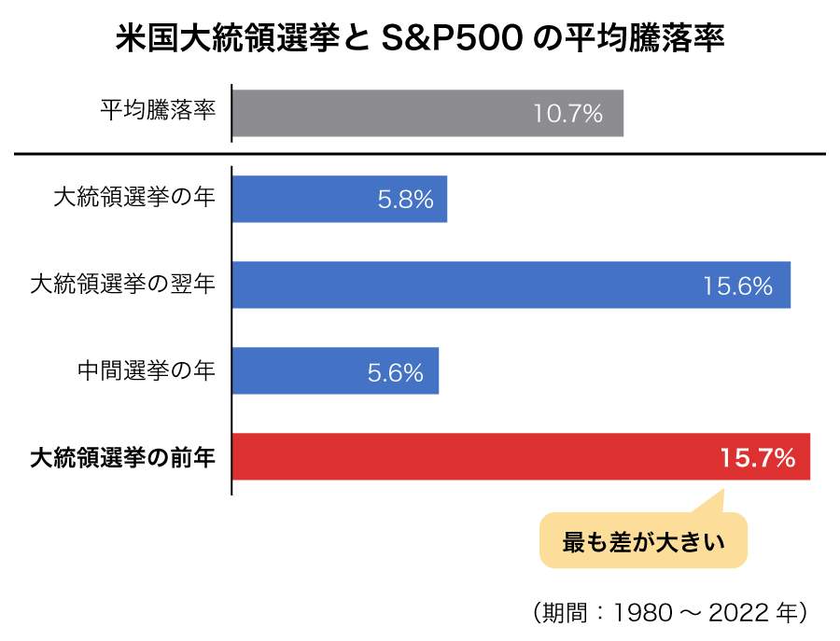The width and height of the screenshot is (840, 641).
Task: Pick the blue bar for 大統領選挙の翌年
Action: click(x=467, y=285)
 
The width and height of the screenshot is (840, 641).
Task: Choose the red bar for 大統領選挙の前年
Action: click(x=467, y=457)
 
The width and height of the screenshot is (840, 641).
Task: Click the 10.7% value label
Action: click(x=567, y=114)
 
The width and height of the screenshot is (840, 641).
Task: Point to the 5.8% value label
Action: click(x=405, y=199)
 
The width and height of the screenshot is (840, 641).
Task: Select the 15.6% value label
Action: click(x=737, y=286)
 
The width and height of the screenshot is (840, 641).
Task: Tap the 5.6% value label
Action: click(x=396, y=372)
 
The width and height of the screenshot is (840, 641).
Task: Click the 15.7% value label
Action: click(x=757, y=458)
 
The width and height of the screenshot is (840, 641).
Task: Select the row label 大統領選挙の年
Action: click(x=134, y=199)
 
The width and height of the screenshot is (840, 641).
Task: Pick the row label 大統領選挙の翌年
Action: click(x=122, y=285)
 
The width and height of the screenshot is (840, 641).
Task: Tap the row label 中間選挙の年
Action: click(x=147, y=371)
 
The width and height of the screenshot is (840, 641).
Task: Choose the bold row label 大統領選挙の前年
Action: click(x=122, y=457)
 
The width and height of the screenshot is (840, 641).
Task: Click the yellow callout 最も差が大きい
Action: click(x=644, y=541)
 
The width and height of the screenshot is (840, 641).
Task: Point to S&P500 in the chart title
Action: click(x=450, y=40)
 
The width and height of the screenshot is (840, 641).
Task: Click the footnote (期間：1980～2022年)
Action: click(x=669, y=612)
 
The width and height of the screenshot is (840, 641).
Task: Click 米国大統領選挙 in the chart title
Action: click(x=223, y=40)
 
